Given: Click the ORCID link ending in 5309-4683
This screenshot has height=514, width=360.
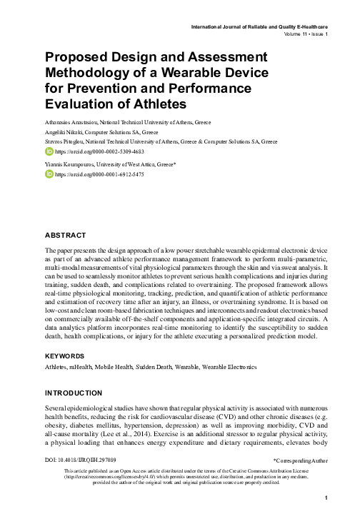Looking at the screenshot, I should [90, 152].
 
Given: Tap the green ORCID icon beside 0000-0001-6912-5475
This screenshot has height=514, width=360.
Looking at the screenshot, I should [49, 173].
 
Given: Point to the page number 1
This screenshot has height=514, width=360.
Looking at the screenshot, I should [325, 498].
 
